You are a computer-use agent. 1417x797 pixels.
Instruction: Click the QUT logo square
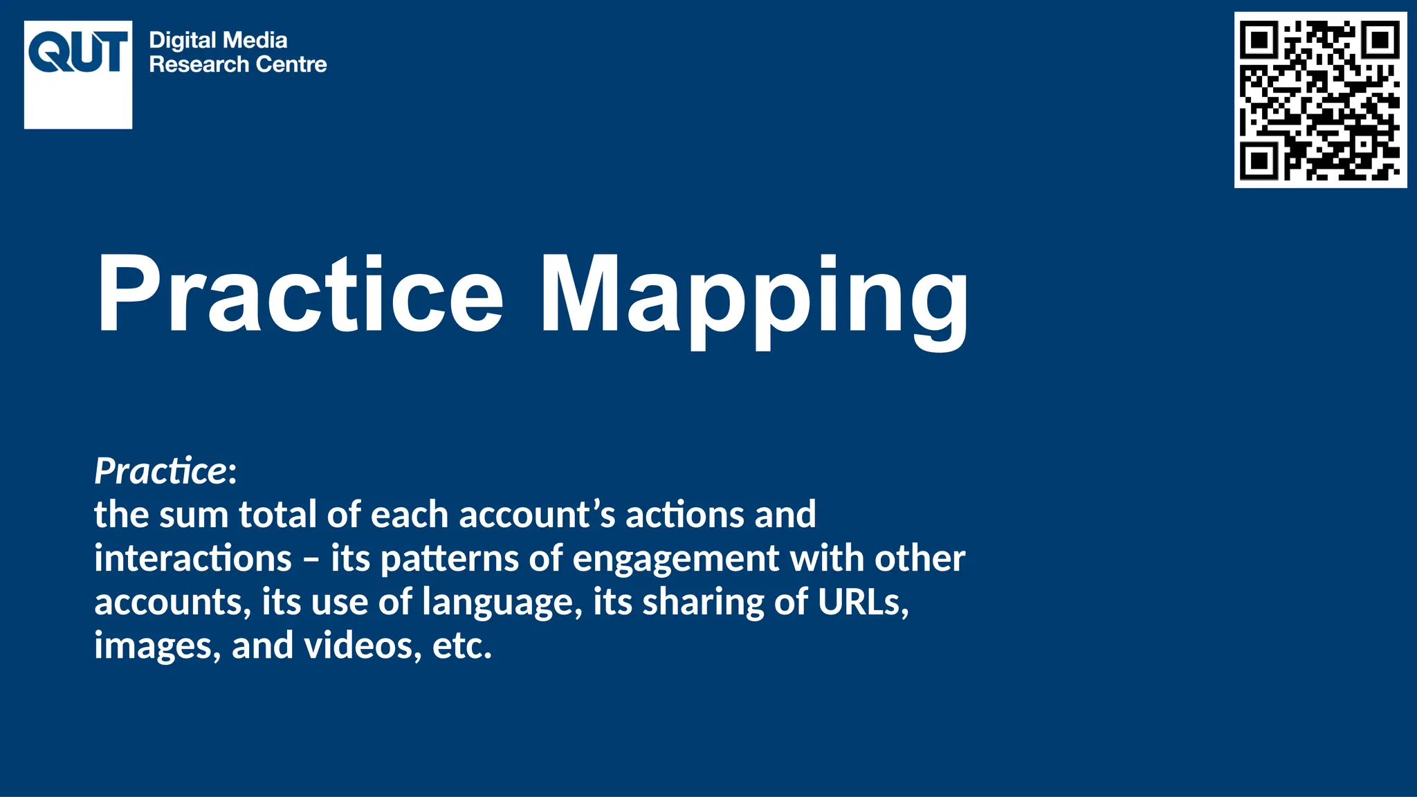point(78,75)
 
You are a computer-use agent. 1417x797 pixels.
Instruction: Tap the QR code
point(1320,100)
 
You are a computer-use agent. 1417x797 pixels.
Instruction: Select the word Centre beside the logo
point(291,64)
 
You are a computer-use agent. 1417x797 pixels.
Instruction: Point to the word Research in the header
point(199,64)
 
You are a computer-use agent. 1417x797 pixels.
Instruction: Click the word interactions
point(193,558)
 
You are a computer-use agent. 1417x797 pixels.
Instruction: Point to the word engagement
point(676,560)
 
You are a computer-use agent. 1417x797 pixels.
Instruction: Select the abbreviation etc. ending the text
point(462,646)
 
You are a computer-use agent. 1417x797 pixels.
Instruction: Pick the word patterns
point(450,559)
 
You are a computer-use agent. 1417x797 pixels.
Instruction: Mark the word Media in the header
point(257,41)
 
